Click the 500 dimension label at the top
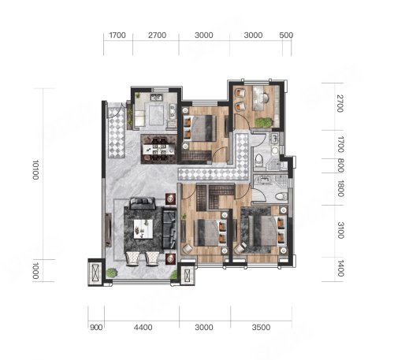pos(286,35)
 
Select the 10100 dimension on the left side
pos(35,169)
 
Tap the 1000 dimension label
pos(35,270)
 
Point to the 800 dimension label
pos(340,165)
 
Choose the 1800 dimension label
pos(340,188)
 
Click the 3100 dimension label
pos(340,230)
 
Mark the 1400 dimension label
pos(340,269)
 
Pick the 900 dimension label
pos(96,328)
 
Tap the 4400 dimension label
pos(143,328)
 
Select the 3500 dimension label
pos(261,328)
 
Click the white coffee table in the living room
pos(143,229)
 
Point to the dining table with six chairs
pos(158,150)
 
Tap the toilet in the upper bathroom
pos(258,160)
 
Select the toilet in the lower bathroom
pos(281,196)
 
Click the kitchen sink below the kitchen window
pos(156,98)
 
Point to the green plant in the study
pos(263,122)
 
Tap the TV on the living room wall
pos(108,230)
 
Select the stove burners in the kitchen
pos(173,112)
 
